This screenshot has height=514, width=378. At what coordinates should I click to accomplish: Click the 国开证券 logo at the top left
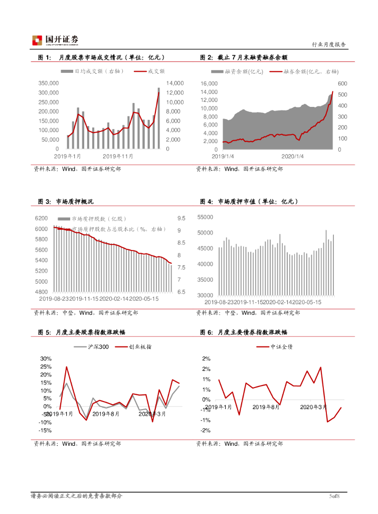56,40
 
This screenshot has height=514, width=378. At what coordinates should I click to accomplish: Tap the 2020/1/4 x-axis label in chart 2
293,156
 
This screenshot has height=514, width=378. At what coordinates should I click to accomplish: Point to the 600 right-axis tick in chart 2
342,83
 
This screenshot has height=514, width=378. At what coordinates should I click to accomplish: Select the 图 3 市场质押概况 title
66,202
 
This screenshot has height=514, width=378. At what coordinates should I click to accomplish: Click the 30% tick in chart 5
46,359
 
